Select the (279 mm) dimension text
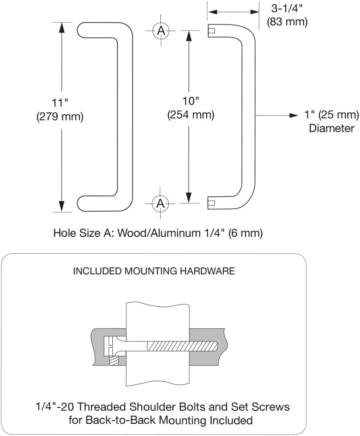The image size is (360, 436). [x=60, y=117]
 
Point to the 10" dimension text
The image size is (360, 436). [x=190, y=101]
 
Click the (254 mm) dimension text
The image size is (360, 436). [x=190, y=115]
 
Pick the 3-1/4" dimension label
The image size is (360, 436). [x=286, y=8]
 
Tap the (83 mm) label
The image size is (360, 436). [x=287, y=22]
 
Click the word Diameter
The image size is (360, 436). [x=331, y=128]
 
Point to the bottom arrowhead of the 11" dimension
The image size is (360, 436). [x=62, y=207]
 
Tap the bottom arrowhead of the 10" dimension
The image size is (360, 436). [x=188, y=198]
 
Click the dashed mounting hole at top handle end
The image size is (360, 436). [x=211, y=31]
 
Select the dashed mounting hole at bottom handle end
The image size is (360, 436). [x=211, y=203]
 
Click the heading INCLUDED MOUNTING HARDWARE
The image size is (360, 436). [x=154, y=271]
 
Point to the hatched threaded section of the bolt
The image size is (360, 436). [x=181, y=345]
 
